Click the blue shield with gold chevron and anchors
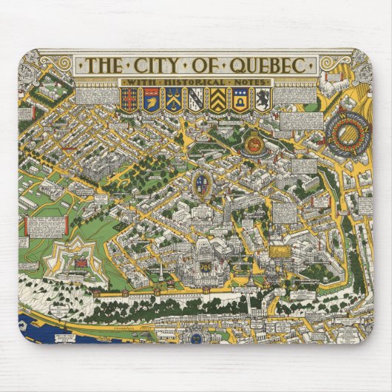click(x=174, y=98)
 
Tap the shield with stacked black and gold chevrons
click(x=216, y=98)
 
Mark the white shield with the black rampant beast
click(x=261, y=98)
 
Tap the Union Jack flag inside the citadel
click(x=76, y=260)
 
